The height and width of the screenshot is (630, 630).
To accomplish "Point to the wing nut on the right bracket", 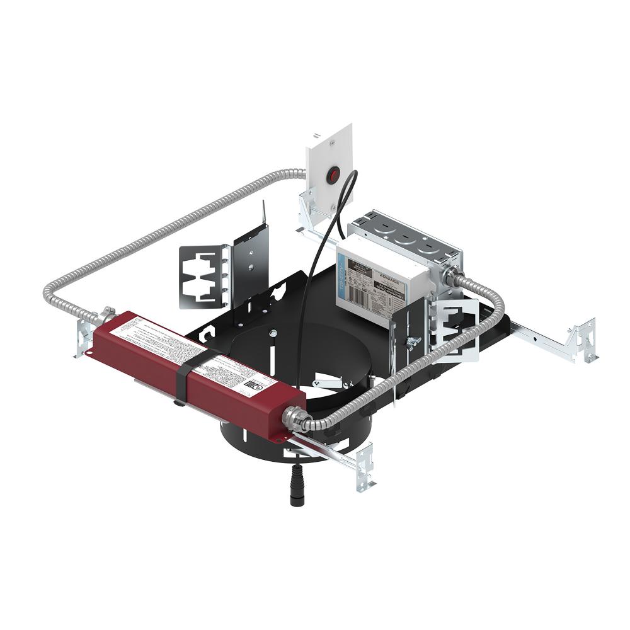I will pos(413,342).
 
